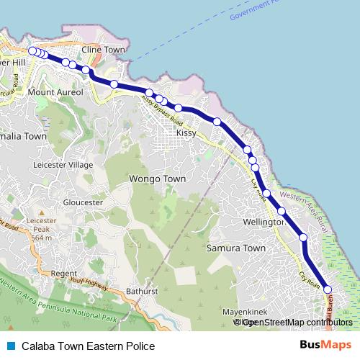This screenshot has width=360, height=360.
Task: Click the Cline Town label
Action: [x=104, y=50]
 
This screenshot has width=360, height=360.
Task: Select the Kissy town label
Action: [x=186, y=134]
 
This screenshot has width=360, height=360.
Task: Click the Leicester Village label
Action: [x=63, y=165]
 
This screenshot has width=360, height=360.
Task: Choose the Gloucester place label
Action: [x=84, y=202]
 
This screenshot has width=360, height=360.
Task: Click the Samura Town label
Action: [x=236, y=248]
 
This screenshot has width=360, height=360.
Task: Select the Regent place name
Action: [x=63, y=274]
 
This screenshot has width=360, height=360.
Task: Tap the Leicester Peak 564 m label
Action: [x=42, y=228]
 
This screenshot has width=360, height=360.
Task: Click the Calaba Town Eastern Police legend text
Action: [x=88, y=346]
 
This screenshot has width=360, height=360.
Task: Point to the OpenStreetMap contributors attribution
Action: [x=297, y=323]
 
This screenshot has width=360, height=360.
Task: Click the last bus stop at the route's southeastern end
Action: [x=328, y=289]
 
